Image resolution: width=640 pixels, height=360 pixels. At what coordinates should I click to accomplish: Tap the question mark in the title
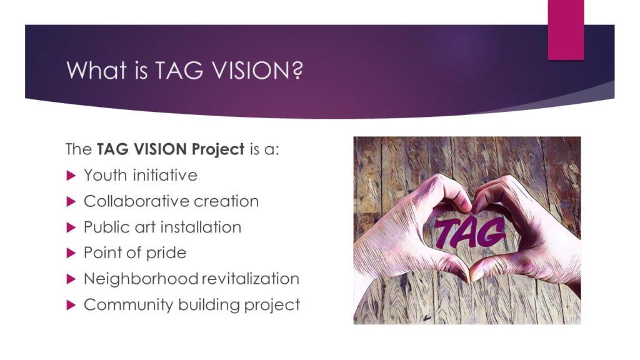(297, 70)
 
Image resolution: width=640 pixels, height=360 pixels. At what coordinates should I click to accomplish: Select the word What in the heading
(97, 70)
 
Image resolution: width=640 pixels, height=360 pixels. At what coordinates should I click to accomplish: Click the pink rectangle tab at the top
(566, 30)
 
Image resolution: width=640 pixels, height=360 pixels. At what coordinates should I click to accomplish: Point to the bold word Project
(218, 150)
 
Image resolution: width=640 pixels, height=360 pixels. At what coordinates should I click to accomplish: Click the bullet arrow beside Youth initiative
(71, 176)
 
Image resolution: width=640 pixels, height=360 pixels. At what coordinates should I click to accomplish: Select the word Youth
(105, 176)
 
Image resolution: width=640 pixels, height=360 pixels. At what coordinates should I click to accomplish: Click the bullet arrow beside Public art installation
(71, 227)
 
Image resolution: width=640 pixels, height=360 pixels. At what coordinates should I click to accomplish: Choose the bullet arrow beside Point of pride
(71, 254)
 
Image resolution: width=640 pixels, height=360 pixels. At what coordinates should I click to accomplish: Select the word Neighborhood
(141, 279)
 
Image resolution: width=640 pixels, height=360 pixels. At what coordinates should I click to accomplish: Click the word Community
(129, 305)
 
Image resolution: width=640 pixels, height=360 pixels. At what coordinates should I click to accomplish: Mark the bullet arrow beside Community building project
(71, 305)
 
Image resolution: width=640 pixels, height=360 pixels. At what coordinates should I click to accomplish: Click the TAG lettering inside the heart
(469, 233)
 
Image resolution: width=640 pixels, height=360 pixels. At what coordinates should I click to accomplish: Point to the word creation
(226, 201)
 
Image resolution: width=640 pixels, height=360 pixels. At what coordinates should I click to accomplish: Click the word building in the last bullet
(209, 305)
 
